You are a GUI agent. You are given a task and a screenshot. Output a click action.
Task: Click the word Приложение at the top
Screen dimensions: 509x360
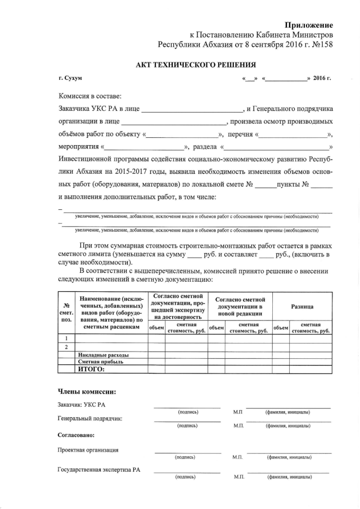point(308,25)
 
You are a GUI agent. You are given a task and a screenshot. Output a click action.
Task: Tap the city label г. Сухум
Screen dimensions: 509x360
point(70,78)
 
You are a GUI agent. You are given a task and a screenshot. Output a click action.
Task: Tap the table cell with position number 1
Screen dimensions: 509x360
point(66,338)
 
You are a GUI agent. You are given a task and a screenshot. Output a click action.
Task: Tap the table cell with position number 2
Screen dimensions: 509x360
point(66,347)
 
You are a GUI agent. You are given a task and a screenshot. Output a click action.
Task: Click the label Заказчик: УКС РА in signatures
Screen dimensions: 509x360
point(82,404)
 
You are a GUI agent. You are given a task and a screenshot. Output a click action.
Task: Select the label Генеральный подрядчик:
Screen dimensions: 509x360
point(90,418)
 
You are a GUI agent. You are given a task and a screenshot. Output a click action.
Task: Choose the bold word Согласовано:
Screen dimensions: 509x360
point(76,435)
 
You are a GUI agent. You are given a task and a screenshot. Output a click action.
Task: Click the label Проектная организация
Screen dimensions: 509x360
point(88,450)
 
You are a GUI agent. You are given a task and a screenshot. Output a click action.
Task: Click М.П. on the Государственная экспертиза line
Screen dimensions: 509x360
point(239,477)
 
